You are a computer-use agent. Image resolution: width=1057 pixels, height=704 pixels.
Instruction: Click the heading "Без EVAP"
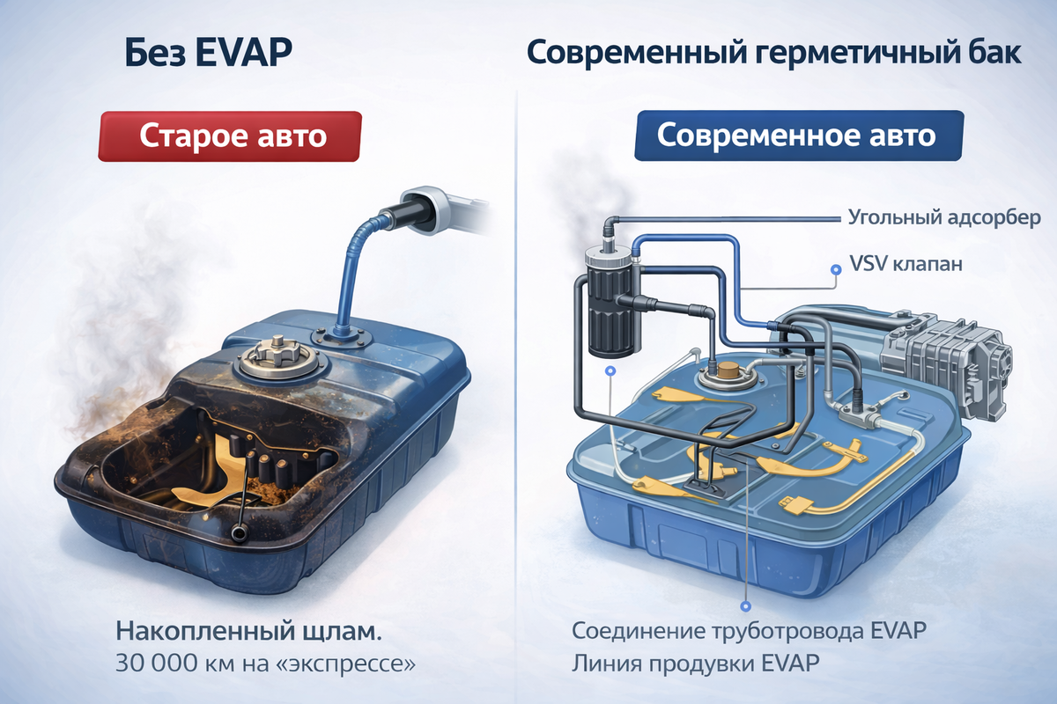tap(209, 52)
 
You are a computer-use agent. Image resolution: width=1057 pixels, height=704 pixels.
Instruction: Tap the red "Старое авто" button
tap(230, 136)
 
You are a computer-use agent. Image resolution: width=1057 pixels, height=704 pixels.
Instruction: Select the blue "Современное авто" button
tap(798, 136)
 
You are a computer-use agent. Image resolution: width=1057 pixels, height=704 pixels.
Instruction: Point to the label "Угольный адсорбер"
tap(944, 218)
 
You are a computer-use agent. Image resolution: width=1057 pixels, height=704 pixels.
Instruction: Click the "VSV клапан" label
tap(906, 264)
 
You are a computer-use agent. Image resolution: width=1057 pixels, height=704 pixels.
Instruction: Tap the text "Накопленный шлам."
tap(248, 631)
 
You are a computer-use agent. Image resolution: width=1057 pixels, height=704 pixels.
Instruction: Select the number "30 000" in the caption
tap(157, 664)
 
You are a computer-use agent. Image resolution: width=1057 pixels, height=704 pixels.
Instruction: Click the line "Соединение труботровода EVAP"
tap(750, 631)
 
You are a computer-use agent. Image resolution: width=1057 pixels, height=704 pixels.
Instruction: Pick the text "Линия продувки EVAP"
tap(696, 663)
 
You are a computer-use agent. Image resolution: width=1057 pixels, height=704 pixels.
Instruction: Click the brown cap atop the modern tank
tap(728, 371)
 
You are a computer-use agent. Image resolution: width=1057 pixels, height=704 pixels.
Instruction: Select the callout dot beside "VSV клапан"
tap(836, 269)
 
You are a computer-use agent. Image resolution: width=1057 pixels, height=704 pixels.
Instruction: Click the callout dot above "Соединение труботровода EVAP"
tap(745, 606)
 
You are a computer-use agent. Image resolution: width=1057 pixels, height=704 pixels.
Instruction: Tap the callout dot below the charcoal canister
tap(611, 371)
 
